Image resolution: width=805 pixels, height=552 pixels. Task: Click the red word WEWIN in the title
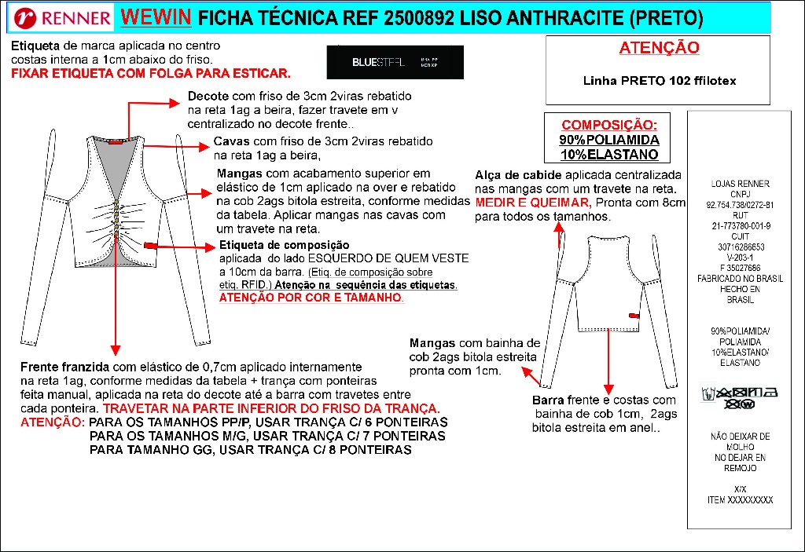[x=155, y=17]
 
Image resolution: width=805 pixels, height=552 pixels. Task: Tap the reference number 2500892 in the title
[x=394, y=18]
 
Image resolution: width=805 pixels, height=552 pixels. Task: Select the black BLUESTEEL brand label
[x=395, y=61]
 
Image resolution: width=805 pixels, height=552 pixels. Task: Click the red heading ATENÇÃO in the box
[x=659, y=48]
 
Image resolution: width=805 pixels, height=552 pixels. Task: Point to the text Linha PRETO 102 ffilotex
[x=659, y=80]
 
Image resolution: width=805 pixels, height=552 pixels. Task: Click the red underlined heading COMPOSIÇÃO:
[x=609, y=125]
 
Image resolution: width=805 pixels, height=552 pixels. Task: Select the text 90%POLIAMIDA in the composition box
[x=609, y=140]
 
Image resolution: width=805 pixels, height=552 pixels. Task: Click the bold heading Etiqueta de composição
[x=273, y=245]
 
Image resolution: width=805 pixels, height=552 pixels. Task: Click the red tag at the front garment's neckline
[x=117, y=143]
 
